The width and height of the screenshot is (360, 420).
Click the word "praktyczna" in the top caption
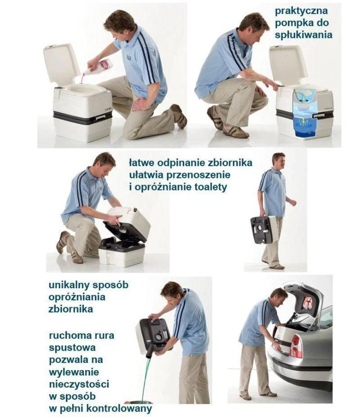coord(301,11)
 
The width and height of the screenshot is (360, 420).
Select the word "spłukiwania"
coord(303,35)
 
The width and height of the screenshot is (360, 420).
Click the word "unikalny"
coord(68,285)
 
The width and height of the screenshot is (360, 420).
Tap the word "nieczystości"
coord(79,384)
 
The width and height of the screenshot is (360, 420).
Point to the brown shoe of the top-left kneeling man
coord(179,116)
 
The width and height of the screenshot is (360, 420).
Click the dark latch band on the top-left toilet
coord(82,117)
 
